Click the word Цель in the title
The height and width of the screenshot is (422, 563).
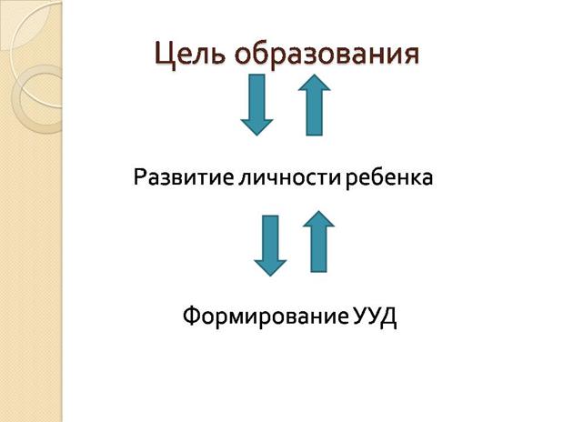pyautogui.click(x=190, y=55)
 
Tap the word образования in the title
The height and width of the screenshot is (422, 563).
pyautogui.click(x=327, y=54)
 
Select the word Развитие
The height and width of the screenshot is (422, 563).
pyautogui.click(x=184, y=177)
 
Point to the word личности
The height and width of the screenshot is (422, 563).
pyautogui.click(x=289, y=177)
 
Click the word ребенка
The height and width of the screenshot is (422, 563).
pyautogui.click(x=389, y=177)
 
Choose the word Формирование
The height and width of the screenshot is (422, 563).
pyautogui.click(x=266, y=316)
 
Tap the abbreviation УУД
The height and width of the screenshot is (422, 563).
pyautogui.click(x=375, y=317)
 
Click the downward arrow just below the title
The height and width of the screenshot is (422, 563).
pyautogui.click(x=256, y=105)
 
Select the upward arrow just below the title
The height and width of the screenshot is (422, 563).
pyautogui.click(x=314, y=105)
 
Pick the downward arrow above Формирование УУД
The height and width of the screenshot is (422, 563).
pyautogui.click(x=270, y=246)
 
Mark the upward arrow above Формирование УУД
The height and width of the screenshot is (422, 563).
pyautogui.click(x=318, y=241)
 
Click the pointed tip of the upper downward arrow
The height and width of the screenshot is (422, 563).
pyautogui.click(x=256, y=136)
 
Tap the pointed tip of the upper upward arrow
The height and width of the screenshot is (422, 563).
pyautogui.click(x=314, y=75)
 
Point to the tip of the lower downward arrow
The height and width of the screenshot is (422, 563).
pyautogui.click(x=270, y=276)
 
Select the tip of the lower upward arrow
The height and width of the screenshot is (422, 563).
pyautogui.click(x=318, y=211)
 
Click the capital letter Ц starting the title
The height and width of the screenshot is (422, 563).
pyautogui.click(x=165, y=55)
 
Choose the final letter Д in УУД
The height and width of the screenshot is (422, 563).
pyautogui.click(x=388, y=318)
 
